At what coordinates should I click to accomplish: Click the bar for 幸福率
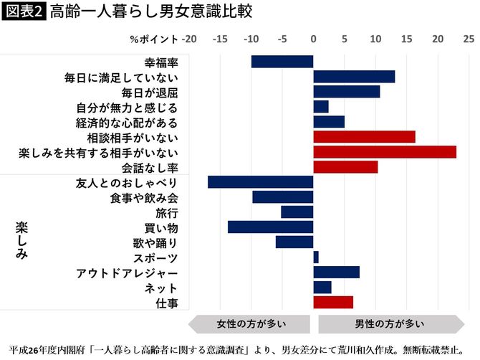click(x=282, y=62)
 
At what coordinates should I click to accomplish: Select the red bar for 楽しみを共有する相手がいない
click(x=385, y=152)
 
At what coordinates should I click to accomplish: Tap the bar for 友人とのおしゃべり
click(x=261, y=182)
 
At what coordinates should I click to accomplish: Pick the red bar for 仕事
click(x=333, y=303)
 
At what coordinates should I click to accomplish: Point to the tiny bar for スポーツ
click(x=316, y=257)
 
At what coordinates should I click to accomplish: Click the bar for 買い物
click(x=271, y=227)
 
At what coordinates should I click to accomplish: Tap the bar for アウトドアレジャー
click(x=336, y=273)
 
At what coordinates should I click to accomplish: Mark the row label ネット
click(x=161, y=288)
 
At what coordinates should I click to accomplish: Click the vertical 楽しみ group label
click(x=21, y=240)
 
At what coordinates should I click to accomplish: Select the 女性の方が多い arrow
click(x=248, y=323)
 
